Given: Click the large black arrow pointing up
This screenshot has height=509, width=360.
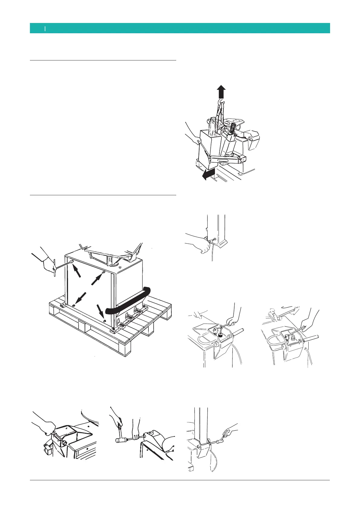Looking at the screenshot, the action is pos(221,91).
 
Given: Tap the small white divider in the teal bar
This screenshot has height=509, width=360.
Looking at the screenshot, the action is pos(45,28).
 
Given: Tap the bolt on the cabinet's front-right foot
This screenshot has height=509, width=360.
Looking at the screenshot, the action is pos(113,329).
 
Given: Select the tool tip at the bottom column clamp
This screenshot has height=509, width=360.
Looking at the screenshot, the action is pos(210,443).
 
